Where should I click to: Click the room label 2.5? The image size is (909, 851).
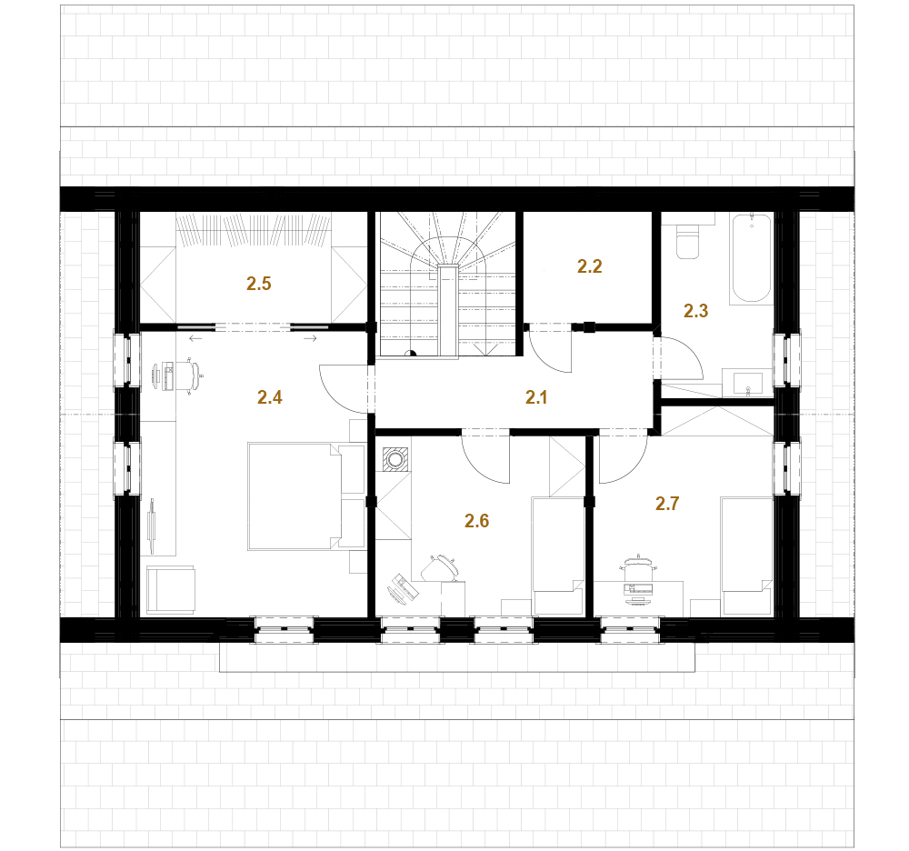pyautogui.click(x=258, y=284)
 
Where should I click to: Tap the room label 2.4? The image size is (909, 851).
pyautogui.click(x=270, y=397)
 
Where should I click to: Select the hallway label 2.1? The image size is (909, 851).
pyautogui.click(x=536, y=397)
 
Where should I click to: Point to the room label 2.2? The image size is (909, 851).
pyautogui.click(x=590, y=266)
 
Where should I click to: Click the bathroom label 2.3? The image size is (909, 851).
pyautogui.click(x=695, y=311)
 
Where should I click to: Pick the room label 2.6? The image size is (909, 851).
pyautogui.click(x=476, y=521)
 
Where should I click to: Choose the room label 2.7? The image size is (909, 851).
pyautogui.click(x=667, y=503)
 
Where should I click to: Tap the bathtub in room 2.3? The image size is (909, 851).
pyautogui.click(x=752, y=258)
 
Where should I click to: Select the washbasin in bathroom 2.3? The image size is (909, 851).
pyautogui.click(x=748, y=383)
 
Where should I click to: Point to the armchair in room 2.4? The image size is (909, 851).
pyautogui.click(x=171, y=589)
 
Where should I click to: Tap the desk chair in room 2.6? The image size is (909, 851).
pyautogui.click(x=442, y=567)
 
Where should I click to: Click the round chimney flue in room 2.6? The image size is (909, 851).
pyautogui.click(x=396, y=460)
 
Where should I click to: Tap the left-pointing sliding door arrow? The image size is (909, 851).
pyautogui.click(x=196, y=338)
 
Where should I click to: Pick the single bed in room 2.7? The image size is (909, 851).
pyautogui.click(x=746, y=556)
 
